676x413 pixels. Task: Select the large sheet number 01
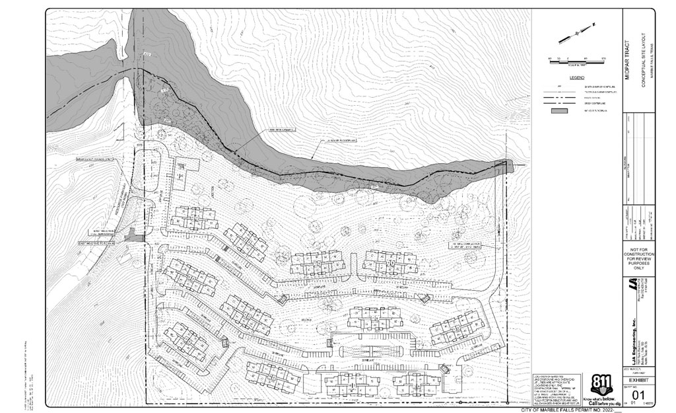(x=638, y=394)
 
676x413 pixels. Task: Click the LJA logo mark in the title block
(x=632, y=285)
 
